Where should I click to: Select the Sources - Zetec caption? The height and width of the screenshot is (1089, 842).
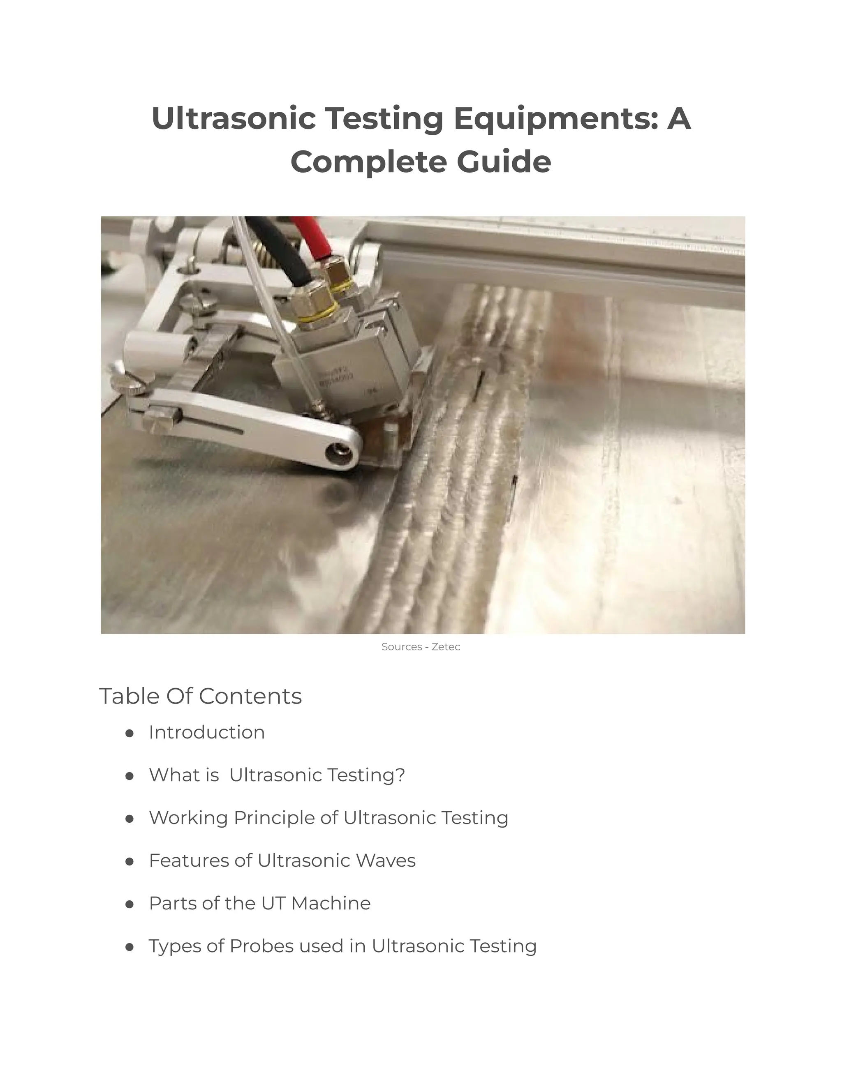click(x=421, y=647)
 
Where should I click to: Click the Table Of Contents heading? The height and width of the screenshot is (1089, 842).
click(x=201, y=696)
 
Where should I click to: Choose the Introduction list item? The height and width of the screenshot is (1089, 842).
click(x=206, y=732)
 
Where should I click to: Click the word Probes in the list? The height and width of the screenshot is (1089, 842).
click(x=261, y=946)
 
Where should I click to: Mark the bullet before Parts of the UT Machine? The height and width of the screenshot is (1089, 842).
click(x=129, y=904)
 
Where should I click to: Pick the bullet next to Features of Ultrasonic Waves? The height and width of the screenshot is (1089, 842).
click(x=129, y=861)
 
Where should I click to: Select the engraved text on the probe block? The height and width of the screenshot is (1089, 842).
click(x=337, y=378)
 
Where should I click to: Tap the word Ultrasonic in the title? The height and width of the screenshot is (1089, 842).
click(x=234, y=119)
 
